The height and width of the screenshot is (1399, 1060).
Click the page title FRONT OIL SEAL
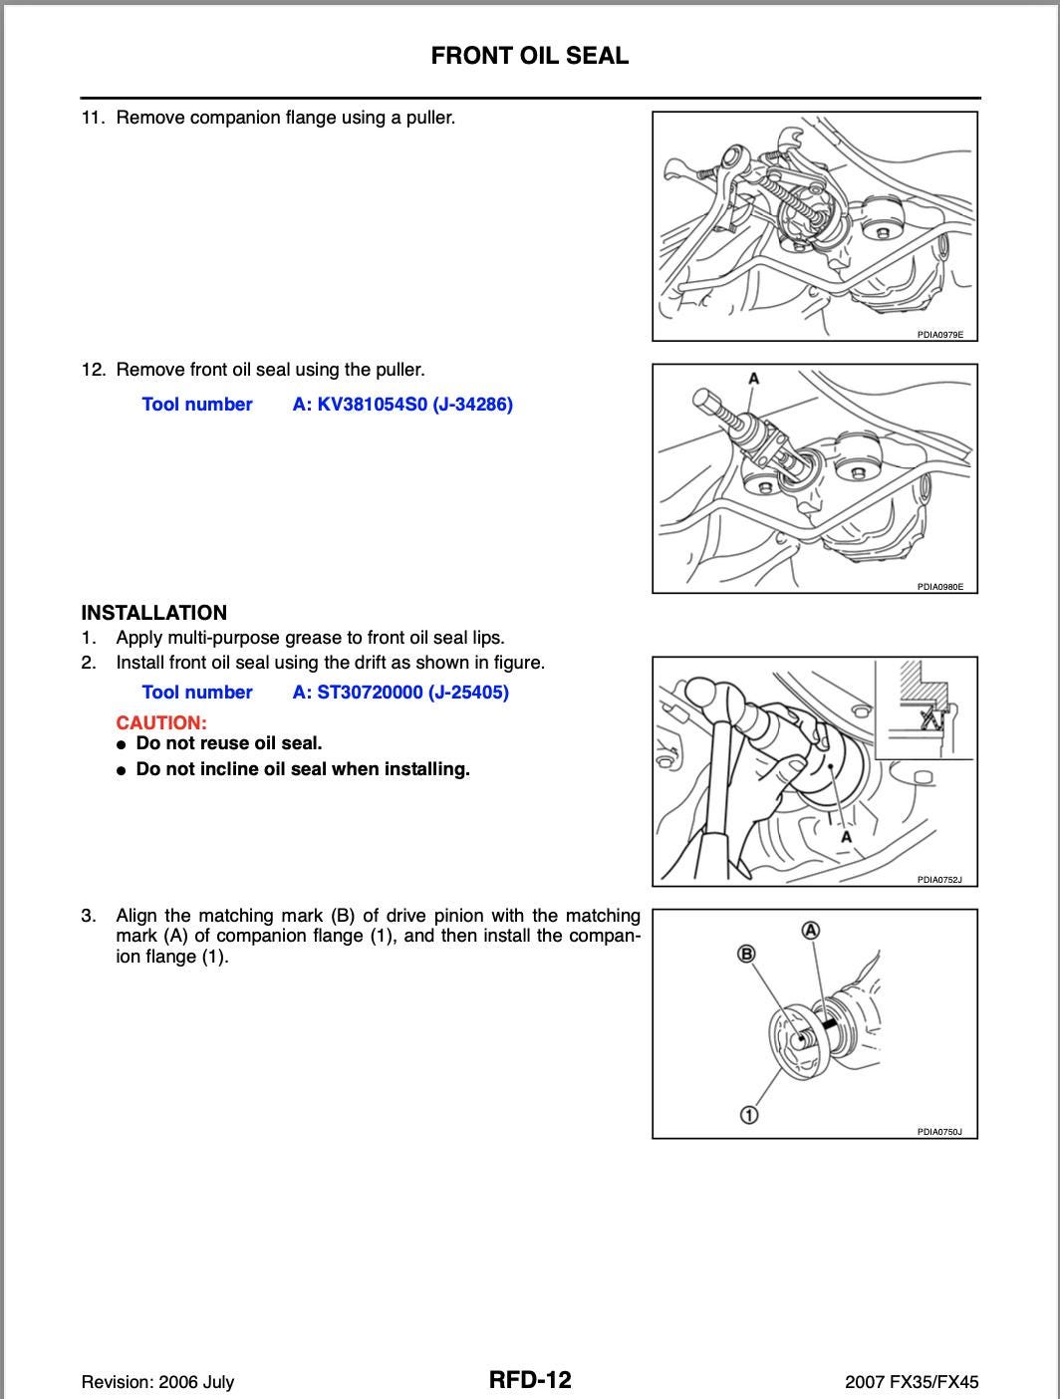pos(529,56)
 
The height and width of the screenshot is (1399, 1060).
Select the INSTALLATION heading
pos(153,613)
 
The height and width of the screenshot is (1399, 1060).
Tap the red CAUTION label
pos(161,722)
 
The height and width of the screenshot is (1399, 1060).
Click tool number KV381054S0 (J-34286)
pos(402,405)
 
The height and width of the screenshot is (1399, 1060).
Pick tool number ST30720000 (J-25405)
pos(400,693)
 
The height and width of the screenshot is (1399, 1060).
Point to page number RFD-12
pos(530,1380)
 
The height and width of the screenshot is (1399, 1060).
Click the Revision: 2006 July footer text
pos(157,1382)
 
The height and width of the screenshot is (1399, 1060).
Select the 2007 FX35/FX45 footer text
pos(911,1382)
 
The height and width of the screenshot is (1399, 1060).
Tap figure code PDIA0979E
pos(939,335)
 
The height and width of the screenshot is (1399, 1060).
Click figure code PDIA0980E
pos(939,587)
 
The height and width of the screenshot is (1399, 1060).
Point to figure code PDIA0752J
pos(939,880)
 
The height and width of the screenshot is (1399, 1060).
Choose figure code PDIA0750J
pos(939,1132)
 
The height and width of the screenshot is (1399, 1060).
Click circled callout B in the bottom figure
pos(745,955)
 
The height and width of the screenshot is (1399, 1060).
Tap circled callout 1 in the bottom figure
pos(748,1114)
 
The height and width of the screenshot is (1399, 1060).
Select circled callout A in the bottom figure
pos(811,931)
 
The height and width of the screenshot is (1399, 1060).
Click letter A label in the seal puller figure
pos(753,379)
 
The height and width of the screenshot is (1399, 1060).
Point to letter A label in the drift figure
pos(846,837)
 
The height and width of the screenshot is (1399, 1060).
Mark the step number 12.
pos(93,370)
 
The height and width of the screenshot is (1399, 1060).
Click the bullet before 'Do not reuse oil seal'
pos(121,744)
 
